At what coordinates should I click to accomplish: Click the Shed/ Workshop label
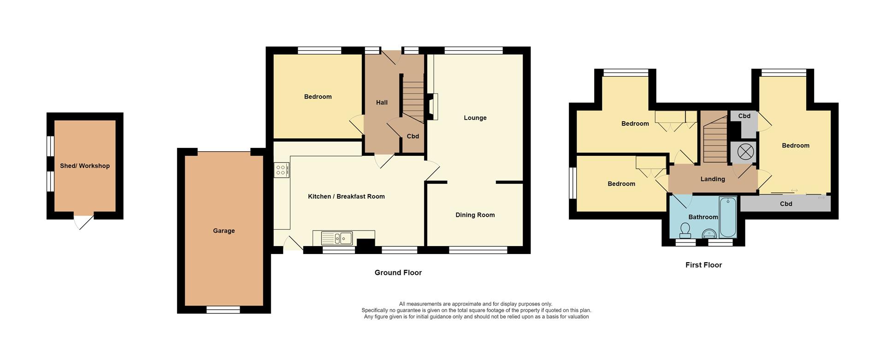[x=85, y=166]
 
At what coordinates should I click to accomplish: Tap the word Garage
[x=224, y=231]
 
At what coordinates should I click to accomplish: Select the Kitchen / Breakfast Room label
[x=346, y=196]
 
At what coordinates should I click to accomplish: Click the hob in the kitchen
[x=281, y=170]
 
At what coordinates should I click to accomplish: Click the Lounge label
[x=475, y=118]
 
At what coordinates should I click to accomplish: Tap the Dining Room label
[x=475, y=215]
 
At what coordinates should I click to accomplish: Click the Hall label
[x=382, y=103]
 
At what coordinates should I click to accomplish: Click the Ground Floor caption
[x=398, y=272]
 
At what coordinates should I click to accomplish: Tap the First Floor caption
[x=703, y=265]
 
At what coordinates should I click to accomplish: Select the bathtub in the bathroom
[x=728, y=217]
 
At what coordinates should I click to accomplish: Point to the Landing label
[x=713, y=179]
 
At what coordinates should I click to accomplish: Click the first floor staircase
[x=714, y=138]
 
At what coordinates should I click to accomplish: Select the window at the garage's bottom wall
[x=223, y=310]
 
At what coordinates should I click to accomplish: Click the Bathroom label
[x=703, y=217]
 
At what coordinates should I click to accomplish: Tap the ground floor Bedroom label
[x=318, y=97]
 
